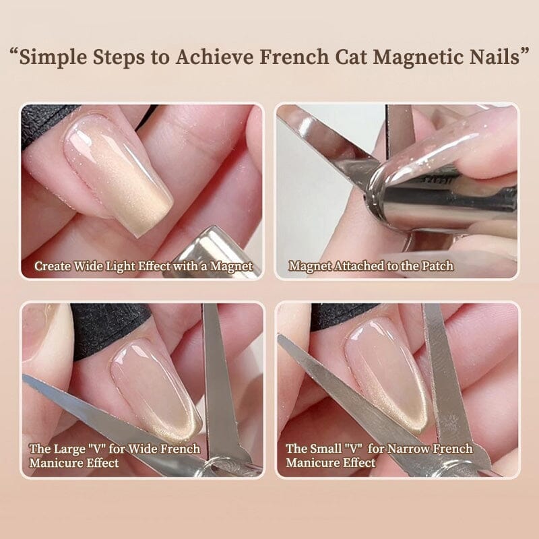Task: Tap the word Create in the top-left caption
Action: [53, 266]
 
